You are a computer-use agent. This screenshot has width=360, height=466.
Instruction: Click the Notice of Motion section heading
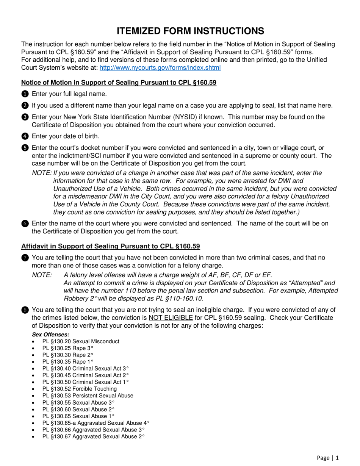tap(119, 83)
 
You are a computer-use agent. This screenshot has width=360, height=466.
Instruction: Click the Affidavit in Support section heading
tap(110, 246)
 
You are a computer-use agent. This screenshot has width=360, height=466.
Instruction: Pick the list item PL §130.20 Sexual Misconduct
tap(81, 341)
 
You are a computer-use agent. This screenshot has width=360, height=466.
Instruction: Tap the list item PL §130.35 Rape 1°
tap(68, 361)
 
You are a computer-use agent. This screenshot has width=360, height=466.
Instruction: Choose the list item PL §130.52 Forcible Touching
tap(80, 389)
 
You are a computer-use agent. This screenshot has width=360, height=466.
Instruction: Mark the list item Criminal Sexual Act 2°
tap(86, 375)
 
